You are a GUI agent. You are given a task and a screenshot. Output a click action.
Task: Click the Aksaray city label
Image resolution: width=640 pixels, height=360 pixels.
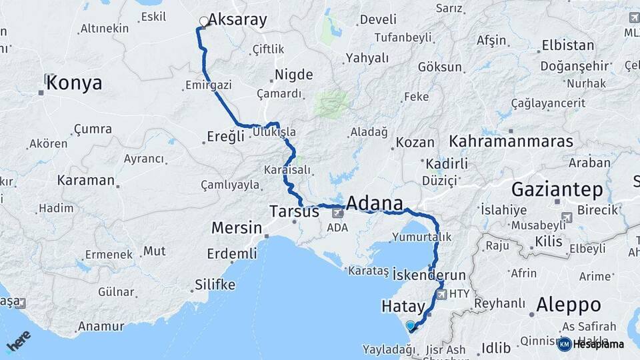(x=238, y=20)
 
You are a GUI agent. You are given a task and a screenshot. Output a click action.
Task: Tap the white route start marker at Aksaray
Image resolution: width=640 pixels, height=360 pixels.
(x=203, y=22)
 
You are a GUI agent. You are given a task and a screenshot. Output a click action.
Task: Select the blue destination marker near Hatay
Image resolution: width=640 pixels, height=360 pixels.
(x=410, y=325)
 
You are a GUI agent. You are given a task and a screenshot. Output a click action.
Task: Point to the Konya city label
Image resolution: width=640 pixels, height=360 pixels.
(x=75, y=83)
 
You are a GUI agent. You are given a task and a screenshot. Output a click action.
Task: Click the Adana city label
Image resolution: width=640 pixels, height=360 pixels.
(x=374, y=203)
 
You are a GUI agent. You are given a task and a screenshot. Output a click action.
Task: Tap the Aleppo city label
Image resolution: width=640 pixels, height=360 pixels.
(x=569, y=305)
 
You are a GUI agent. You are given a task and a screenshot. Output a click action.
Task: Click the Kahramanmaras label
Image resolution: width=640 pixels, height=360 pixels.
(x=511, y=141)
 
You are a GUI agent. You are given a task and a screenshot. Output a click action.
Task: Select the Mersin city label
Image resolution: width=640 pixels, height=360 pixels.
(x=237, y=228)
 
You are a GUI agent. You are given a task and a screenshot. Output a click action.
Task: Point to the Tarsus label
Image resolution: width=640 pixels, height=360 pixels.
(x=294, y=212)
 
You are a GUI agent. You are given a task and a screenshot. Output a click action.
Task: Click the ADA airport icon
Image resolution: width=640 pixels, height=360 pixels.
(x=338, y=213)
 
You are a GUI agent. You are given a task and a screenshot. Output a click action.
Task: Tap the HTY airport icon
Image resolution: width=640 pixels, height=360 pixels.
(x=441, y=293)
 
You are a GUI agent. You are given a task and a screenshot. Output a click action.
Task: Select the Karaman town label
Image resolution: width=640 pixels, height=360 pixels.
(x=86, y=180)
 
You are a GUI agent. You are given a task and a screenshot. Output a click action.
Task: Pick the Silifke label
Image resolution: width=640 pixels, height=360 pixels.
(x=215, y=285)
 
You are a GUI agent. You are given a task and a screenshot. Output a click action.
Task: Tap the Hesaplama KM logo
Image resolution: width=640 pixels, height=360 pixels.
(x=591, y=344)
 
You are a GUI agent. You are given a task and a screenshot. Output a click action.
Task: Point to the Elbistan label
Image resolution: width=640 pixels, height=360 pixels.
(x=568, y=45)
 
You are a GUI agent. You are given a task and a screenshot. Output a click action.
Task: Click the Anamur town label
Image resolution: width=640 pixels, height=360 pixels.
(x=101, y=326)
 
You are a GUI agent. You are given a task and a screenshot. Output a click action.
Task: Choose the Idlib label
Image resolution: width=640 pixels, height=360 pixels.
(x=497, y=347)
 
